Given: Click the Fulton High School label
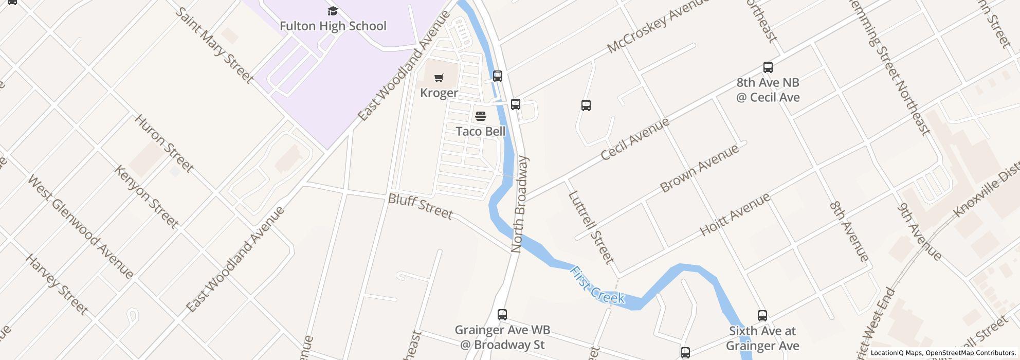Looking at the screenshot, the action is point(333,26).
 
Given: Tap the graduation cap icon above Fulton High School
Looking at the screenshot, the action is point(333,11).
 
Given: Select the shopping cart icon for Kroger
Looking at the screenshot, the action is point(439,78).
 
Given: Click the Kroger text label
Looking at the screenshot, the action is point(439,93).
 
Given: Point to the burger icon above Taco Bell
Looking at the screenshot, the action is point(481,116).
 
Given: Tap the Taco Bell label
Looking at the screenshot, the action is point(481,131).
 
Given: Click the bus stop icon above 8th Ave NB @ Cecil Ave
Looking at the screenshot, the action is point(768,67).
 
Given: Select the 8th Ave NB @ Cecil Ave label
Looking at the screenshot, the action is point(768,89).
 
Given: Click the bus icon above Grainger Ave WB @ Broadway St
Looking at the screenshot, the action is point(502,315).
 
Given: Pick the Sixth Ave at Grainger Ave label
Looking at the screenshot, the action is point(762,338).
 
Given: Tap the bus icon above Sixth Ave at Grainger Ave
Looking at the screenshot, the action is point(762,316).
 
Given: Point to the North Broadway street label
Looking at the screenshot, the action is point(520,204).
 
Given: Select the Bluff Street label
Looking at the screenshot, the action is point(421,206).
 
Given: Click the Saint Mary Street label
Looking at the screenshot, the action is point(214,45).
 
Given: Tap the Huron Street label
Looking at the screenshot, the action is point(164,143).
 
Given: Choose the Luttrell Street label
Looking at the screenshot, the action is point(591,227).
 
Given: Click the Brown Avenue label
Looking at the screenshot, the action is point(699,168).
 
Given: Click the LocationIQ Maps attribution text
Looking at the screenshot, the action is point(897,353).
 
